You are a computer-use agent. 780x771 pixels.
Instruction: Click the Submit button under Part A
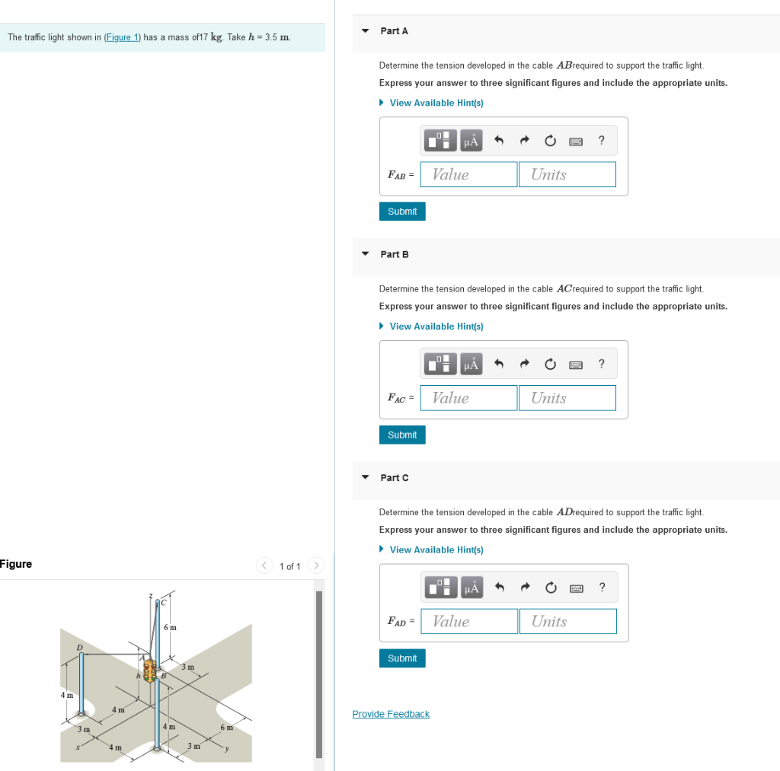(402, 212)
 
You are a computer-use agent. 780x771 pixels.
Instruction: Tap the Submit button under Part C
(402, 658)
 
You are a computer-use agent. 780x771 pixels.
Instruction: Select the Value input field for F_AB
(468, 174)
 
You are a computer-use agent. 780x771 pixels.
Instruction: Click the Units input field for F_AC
(567, 398)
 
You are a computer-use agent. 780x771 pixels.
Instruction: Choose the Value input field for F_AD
(469, 621)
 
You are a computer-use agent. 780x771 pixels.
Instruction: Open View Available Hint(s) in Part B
(436, 327)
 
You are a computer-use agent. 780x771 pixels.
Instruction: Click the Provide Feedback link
(391, 714)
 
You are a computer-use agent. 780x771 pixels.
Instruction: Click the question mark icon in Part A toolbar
(602, 140)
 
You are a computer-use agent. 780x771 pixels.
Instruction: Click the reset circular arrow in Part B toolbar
(549, 365)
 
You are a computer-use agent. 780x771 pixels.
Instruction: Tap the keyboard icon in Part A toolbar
(575, 141)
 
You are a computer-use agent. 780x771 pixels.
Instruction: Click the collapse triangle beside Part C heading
(366, 477)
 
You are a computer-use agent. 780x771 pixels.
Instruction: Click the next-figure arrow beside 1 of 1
(318, 566)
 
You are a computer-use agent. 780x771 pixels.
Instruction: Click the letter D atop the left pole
(78, 648)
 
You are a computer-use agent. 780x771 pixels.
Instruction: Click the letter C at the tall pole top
(161, 603)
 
